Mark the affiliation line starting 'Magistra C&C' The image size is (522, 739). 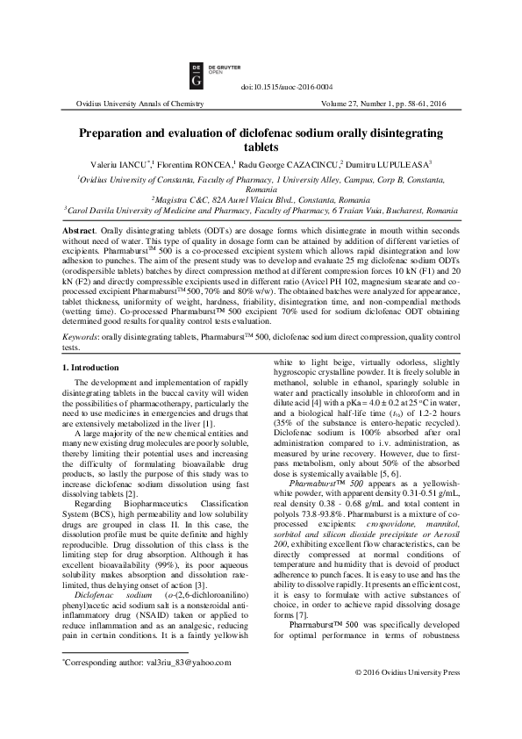(261, 200)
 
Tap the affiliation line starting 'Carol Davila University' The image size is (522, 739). (261, 212)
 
